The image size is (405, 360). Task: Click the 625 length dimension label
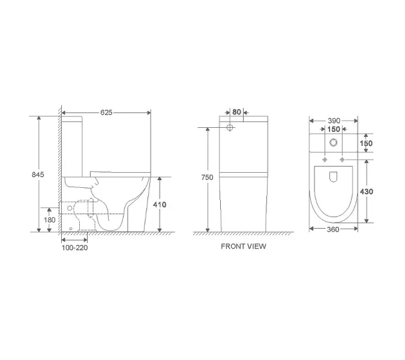[106, 113]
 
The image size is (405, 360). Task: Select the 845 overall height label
[38, 175]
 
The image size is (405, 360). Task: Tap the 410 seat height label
[160, 205]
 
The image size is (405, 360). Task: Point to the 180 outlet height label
[50, 220]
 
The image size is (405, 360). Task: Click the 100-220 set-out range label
[74, 248]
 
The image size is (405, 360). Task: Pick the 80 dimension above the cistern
[236, 112]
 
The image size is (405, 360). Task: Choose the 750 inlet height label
[207, 178]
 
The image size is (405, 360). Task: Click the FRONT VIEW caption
[244, 247]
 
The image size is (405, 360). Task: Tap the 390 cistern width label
[334, 121]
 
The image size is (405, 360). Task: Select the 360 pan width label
[333, 229]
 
